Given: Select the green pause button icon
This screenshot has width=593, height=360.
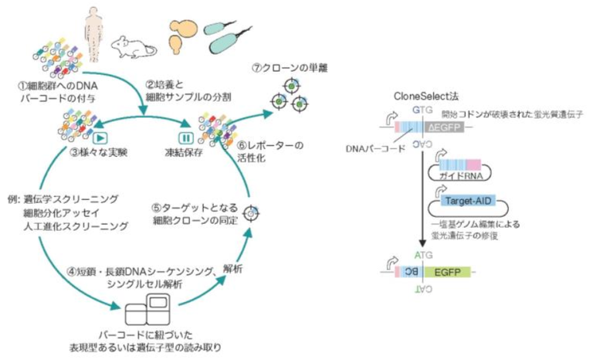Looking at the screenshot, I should [x=185, y=138].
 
